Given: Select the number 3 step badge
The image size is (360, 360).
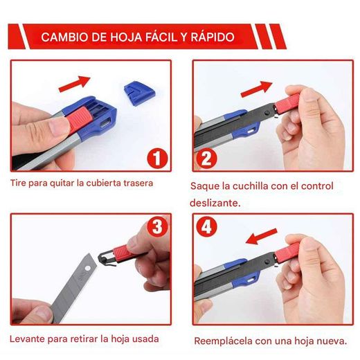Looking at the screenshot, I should pyautogui.click(x=158, y=226).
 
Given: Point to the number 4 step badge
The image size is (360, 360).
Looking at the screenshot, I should pyautogui.click(x=206, y=226).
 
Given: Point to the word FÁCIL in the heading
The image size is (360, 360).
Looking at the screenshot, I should pyautogui.click(x=152, y=37).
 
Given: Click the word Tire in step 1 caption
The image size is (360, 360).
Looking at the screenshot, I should pyautogui.click(x=19, y=183).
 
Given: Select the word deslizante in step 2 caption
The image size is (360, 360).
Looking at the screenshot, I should pyautogui.click(x=215, y=204).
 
